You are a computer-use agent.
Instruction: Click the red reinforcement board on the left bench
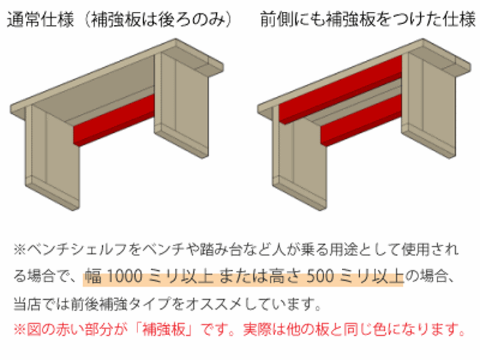point(114,120)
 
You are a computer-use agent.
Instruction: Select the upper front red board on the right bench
point(341,89)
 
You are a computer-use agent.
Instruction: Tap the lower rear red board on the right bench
point(361,120)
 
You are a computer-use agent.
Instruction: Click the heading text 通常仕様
point(41,19)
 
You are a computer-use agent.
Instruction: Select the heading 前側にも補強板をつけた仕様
point(368,19)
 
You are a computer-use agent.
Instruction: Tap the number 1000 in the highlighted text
point(124,276)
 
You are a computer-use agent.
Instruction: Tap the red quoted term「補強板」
point(164,330)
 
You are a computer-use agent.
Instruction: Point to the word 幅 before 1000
point(93,276)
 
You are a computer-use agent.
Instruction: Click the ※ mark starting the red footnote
point(20,330)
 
